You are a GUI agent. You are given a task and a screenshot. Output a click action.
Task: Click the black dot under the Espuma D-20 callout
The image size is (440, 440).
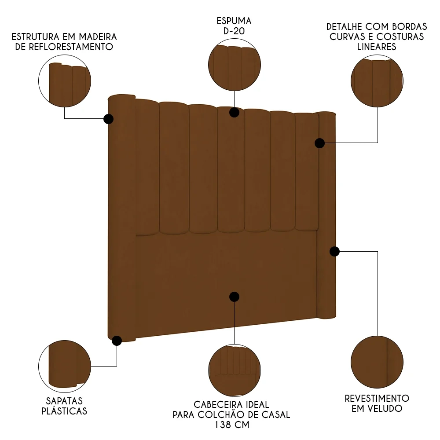[234, 112]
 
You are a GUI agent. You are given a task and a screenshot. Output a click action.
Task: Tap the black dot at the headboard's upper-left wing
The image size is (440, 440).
[108, 119]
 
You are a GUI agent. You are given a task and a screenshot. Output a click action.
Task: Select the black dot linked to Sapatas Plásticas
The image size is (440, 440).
[117, 341]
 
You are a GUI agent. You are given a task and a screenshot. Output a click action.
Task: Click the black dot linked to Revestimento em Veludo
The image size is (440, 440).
[334, 251]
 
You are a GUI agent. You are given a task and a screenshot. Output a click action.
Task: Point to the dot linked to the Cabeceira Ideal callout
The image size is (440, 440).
[234, 297]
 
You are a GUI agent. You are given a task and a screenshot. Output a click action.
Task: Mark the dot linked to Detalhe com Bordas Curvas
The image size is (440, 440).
[319, 143]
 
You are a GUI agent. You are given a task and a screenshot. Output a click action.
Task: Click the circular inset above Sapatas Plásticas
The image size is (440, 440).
[65, 366]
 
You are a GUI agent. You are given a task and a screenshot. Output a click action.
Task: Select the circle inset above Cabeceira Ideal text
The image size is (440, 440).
[234, 370]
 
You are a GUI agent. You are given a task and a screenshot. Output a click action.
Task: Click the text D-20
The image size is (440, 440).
[234, 31]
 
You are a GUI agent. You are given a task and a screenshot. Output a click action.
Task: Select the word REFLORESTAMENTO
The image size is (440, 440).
[64, 47]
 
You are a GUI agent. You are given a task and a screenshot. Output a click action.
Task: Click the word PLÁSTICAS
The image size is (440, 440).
[64, 411]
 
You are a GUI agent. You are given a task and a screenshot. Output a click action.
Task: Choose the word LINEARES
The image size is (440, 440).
[377, 47]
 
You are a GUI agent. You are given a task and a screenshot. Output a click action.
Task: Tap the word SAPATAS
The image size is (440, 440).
[64, 401]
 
